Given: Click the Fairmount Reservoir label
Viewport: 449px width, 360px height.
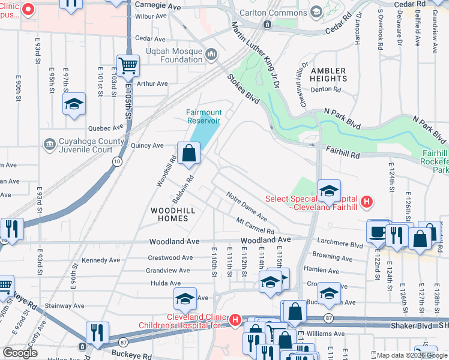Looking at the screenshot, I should coord(203,116).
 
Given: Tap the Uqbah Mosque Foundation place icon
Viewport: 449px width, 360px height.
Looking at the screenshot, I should coord(211,55).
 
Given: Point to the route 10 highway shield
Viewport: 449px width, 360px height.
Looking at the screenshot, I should coord(117,162).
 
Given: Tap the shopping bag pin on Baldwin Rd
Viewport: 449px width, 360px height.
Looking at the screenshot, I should coord(188,153).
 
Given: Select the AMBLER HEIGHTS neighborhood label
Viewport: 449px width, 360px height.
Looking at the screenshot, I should coord(328,75).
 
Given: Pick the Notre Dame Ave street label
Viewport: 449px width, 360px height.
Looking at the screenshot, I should coord(247,204).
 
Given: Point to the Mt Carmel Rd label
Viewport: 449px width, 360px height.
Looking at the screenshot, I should coord(255,226).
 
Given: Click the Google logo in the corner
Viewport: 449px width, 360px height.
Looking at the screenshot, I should coord(20,353).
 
